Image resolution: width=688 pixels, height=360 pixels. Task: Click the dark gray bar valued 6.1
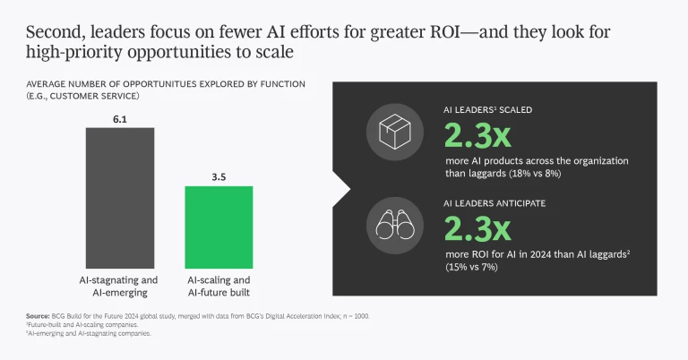click(120, 201)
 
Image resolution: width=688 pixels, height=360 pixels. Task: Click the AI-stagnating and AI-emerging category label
click(120, 287)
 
